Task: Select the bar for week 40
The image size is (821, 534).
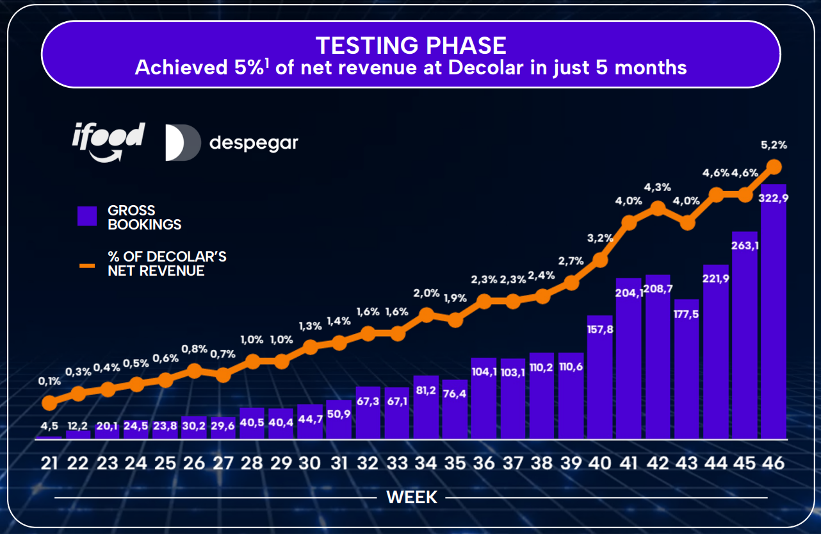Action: pos(600,378)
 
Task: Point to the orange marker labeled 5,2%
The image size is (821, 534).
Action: pos(774,166)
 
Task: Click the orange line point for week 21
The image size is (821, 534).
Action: pos(49,403)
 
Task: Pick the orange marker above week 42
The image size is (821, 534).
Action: pos(658,207)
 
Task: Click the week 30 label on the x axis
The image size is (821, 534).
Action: pos(309,463)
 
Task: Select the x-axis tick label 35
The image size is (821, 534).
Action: pos(455,463)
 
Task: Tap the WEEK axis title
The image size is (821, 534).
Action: pos(412,497)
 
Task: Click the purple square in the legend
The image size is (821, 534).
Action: pos(87,216)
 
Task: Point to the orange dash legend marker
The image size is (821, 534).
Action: pos(87,264)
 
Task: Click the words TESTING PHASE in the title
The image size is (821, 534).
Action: pos(410,45)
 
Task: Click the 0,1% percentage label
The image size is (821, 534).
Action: pos(49,381)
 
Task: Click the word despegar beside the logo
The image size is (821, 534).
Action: pos(254,142)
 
